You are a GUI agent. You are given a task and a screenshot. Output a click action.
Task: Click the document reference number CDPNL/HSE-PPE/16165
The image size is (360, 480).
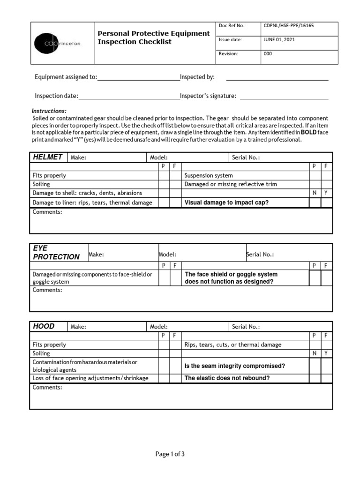pyautogui.click(x=289, y=26)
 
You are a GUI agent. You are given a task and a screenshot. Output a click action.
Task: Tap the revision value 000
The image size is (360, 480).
pyautogui.click(x=268, y=53)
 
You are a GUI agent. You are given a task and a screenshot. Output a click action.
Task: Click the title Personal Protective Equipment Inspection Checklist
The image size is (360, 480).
pyautogui.click(x=153, y=37)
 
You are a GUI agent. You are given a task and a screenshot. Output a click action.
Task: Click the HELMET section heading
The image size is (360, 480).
pyautogui.click(x=48, y=157)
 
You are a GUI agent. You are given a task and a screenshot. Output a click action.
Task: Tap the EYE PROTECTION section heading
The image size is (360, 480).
pyautogui.click(x=56, y=252)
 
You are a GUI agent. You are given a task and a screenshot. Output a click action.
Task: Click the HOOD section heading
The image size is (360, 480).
pyautogui.click(x=44, y=326)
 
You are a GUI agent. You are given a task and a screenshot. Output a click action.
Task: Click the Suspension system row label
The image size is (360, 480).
pyautogui.click(x=209, y=175)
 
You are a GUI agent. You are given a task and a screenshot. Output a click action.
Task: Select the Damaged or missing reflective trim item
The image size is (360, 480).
pyautogui.click(x=231, y=184)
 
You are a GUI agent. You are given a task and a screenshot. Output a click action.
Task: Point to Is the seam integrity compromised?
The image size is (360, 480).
pyautogui.click(x=235, y=366)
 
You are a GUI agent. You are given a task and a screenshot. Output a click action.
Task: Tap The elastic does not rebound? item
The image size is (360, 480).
pyautogui.click(x=227, y=378)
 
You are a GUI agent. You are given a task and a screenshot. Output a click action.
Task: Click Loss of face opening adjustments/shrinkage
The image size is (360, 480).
pyautogui.click(x=90, y=378)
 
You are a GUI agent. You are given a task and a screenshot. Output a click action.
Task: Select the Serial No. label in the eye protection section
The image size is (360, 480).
pyautogui.click(x=260, y=255)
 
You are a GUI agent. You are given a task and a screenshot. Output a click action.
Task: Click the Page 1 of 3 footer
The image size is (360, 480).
pyautogui.click(x=173, y=454)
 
